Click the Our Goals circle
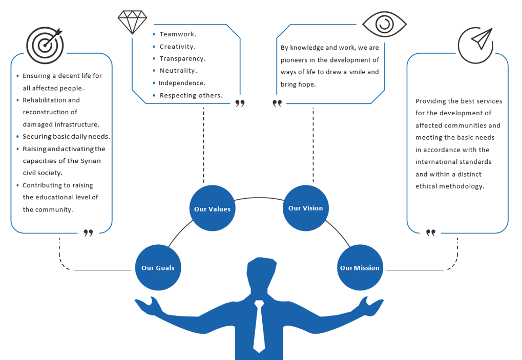point(158,268)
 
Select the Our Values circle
point(212,209)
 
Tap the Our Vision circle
point(306,208)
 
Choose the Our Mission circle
point(360,268)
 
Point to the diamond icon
point(132,22)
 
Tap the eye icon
point(384,24)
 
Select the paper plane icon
point(475,45)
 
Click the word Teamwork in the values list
point(178,34)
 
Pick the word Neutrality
point(178,71)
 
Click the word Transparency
point(182,59)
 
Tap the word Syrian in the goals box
point(91,161)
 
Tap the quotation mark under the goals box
point(88,233)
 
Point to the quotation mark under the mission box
point(431,233)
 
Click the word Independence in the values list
point(182,83)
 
